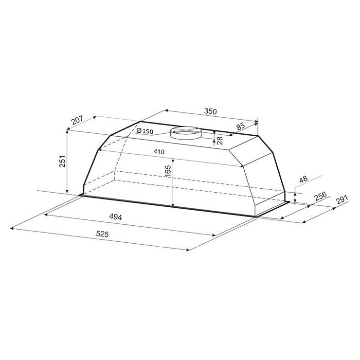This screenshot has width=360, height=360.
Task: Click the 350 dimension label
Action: (210, 111)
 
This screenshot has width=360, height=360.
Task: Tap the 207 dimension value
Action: (77, 120)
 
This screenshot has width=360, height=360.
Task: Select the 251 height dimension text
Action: (63, 162)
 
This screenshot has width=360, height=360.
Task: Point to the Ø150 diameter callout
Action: (144, 131)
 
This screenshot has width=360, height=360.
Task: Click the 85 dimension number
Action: (241, 126)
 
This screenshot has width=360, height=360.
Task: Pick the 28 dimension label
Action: (220, 140)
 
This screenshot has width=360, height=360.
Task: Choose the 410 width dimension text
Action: (159, 152)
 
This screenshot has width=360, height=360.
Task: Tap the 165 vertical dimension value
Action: (168, 171)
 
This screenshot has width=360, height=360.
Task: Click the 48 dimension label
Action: (304, 179)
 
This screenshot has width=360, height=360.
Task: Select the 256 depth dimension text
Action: (320, 196)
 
